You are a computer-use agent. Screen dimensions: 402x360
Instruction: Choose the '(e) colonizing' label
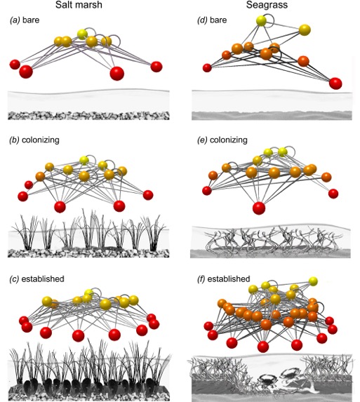(x=222, y=140)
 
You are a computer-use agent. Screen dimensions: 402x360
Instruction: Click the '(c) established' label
(x=36, y=279)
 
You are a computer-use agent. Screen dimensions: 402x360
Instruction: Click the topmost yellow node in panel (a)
(x=83, y=34)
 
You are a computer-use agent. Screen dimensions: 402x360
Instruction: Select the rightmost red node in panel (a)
(x=156, y=67)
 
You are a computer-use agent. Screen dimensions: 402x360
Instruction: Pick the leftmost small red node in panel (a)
(x=14, y=65)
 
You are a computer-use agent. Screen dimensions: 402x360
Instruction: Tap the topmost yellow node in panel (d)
(x=262, y=22)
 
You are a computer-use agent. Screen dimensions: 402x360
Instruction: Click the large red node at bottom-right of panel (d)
(x=335, y=83)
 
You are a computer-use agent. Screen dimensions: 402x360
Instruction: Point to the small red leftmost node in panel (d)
(x=207, y=68)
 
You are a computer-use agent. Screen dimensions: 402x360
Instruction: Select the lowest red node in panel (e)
(x=259, y=207)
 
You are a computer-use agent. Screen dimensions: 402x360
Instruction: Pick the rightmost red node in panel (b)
(x=152, y=192)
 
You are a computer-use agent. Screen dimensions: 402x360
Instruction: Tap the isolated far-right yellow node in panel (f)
(x=313, y=281)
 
